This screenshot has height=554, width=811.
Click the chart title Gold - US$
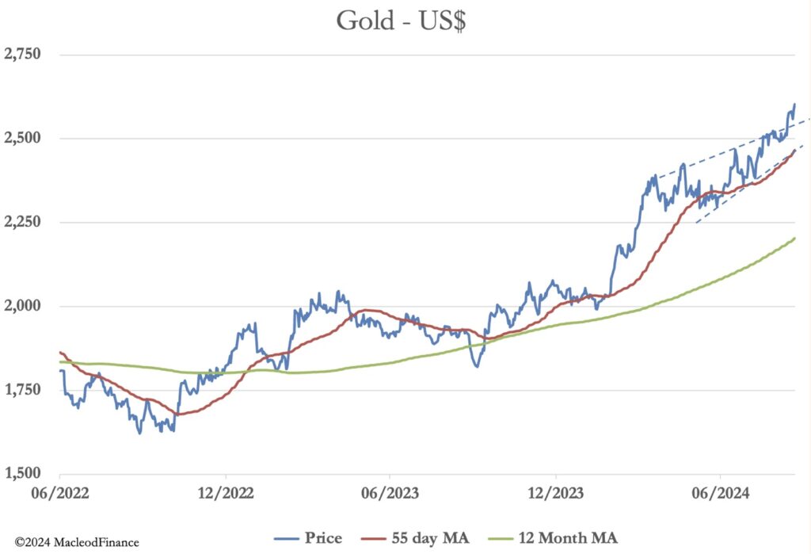401,21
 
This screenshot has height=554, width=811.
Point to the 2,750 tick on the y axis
22,55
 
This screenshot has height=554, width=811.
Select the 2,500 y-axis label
22,139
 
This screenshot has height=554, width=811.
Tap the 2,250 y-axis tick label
22,223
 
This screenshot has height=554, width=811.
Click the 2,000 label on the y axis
22,307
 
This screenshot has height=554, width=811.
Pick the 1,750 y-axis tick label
22,390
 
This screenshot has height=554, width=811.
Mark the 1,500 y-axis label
22,474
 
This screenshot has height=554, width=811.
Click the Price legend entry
323,538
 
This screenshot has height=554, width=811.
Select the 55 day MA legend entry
431,538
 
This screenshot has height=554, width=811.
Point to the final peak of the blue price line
794,105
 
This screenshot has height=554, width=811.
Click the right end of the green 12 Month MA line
794,238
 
